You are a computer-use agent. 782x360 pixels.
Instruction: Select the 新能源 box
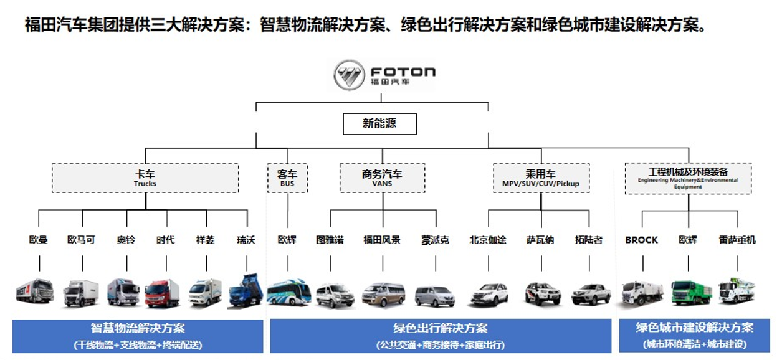tap(379, 123)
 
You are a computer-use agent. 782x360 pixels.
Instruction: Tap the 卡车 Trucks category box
tap(145, 178)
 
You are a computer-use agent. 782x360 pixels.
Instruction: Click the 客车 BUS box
tap(287, 178)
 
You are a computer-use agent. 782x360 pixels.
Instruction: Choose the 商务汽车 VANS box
tap(382, 178)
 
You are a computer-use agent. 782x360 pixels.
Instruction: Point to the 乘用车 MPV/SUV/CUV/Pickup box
tap(540, 178)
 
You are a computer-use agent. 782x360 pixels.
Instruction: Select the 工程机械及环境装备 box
tap(688, 178)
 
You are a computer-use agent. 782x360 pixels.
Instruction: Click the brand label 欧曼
tap(39, 240)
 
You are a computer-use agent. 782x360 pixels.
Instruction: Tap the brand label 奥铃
tap(126, 240)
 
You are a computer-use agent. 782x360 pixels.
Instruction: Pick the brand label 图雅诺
tap(330, 240)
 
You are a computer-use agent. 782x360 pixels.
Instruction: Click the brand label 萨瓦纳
tap(540, 240)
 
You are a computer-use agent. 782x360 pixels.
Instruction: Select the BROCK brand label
tap(641, 240)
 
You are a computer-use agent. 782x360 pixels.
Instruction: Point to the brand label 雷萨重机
tap(737, 240)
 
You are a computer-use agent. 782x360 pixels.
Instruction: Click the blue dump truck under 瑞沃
tap(246, 291)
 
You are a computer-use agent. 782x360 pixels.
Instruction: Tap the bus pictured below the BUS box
tap(288, 292)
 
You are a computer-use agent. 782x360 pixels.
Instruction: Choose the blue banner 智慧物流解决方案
tap(138, 336)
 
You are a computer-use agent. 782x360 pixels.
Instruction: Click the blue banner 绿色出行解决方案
tap(440, 336)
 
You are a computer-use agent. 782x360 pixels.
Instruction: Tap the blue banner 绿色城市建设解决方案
tap(694, 336)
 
